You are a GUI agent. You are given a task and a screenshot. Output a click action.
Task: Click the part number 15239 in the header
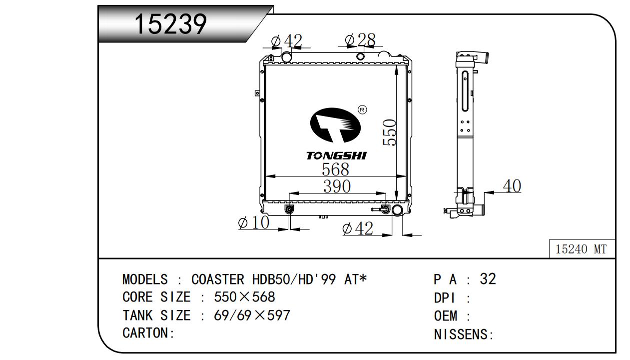[171, 24]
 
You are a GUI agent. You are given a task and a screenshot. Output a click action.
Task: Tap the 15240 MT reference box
[582, 249]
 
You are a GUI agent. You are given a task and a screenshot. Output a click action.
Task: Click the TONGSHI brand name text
[336, 155]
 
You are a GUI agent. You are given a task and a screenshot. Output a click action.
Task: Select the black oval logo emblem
[335, 125]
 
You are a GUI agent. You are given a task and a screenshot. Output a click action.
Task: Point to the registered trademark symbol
[363, 109]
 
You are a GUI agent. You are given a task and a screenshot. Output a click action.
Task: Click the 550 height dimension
[390, 132]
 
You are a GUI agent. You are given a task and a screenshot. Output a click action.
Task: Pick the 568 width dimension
[335, 169]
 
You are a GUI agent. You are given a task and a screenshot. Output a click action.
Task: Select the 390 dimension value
[337, 186]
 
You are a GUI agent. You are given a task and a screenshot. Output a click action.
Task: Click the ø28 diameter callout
[360, 40]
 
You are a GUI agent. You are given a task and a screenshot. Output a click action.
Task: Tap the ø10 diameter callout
[254, 222]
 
